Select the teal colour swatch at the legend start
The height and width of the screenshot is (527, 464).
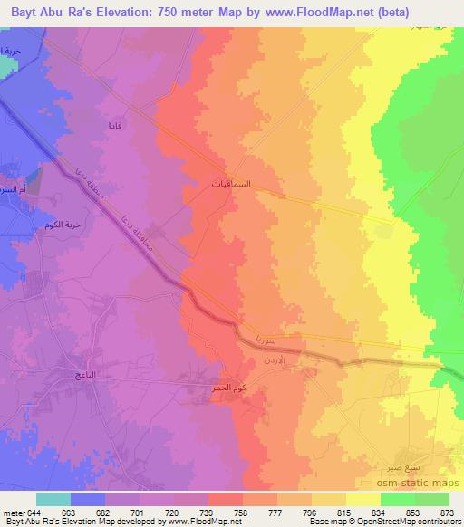[53, 499]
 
